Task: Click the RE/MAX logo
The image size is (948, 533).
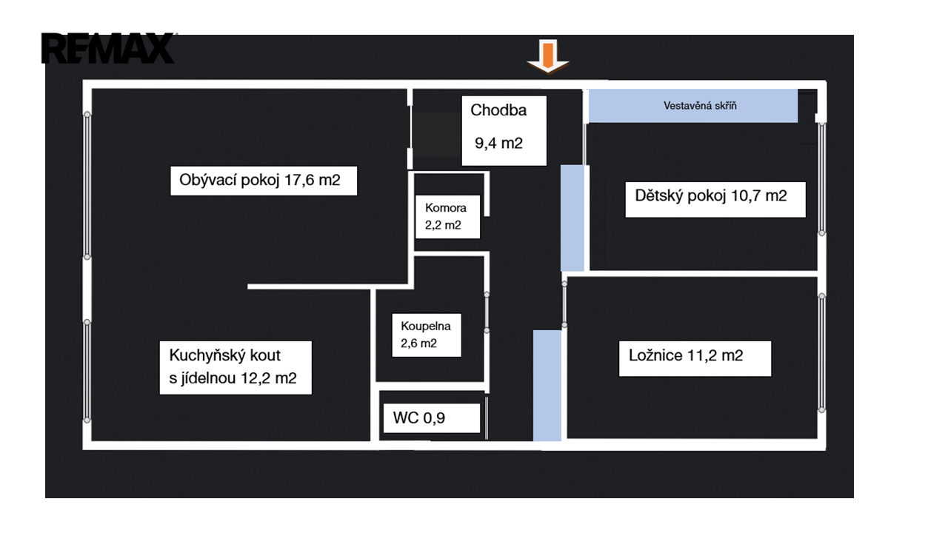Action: point(108,48)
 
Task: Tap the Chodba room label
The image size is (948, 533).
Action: point(498,110)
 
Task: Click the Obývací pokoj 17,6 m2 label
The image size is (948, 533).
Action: point(264,180)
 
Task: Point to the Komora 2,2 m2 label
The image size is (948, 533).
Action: point(447,217)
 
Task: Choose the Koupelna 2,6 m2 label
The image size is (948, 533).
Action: point(426,335)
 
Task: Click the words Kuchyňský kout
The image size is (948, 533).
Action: point(225,355)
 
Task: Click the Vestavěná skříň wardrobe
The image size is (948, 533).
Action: point(693,106)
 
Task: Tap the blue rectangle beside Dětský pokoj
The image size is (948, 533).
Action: point(573,218)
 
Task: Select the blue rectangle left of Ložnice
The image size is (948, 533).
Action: point(547,385)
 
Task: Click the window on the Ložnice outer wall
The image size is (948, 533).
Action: point(822,352)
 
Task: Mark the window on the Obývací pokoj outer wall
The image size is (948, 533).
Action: point(87,185)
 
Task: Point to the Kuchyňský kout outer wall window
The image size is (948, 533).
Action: point(87,371)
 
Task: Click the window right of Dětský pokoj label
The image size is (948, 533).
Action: point(822,178)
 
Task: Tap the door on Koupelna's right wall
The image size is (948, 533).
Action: point(487,313)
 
